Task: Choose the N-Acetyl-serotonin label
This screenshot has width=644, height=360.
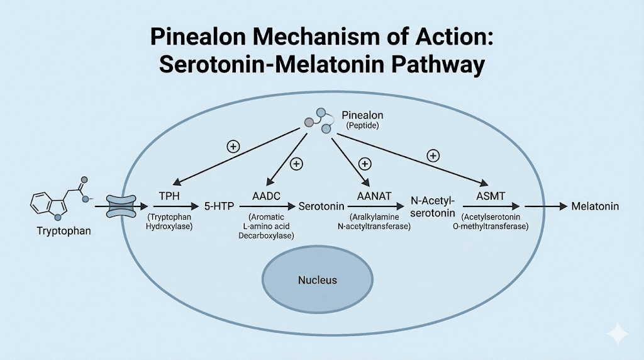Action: click(x=434, y=206)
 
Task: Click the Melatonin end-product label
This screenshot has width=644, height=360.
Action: click(x=595, y=206)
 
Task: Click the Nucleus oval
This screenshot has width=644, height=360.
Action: click(x=317, y=280)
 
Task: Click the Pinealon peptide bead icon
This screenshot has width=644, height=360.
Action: click(x=319, y=120)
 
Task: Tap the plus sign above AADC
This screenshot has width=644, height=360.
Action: click(x=296, y=164)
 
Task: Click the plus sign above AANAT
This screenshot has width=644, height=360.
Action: click(x=364, y=164)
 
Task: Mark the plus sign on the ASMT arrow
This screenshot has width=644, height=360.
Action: click(x=432, y=155)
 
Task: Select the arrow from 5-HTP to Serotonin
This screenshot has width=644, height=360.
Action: click(x=265, y=206)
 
